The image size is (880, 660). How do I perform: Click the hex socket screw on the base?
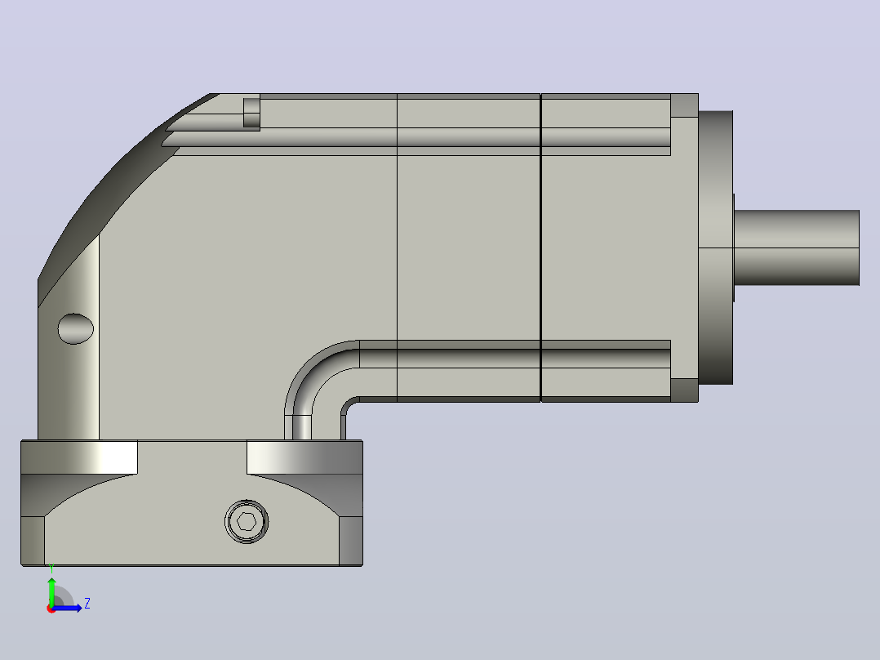(247, 522)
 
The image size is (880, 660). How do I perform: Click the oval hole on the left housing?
(76, 328)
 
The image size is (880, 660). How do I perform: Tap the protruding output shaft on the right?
(797, 247)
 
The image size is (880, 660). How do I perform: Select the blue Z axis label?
(87, 604)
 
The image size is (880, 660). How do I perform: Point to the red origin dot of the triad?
(51, 609)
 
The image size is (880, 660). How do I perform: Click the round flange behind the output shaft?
(716, 247)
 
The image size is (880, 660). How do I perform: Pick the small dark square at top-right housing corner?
(685, 105)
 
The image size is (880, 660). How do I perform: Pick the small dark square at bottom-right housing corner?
(685, 390)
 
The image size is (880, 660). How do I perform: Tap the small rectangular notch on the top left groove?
(251, 113)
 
